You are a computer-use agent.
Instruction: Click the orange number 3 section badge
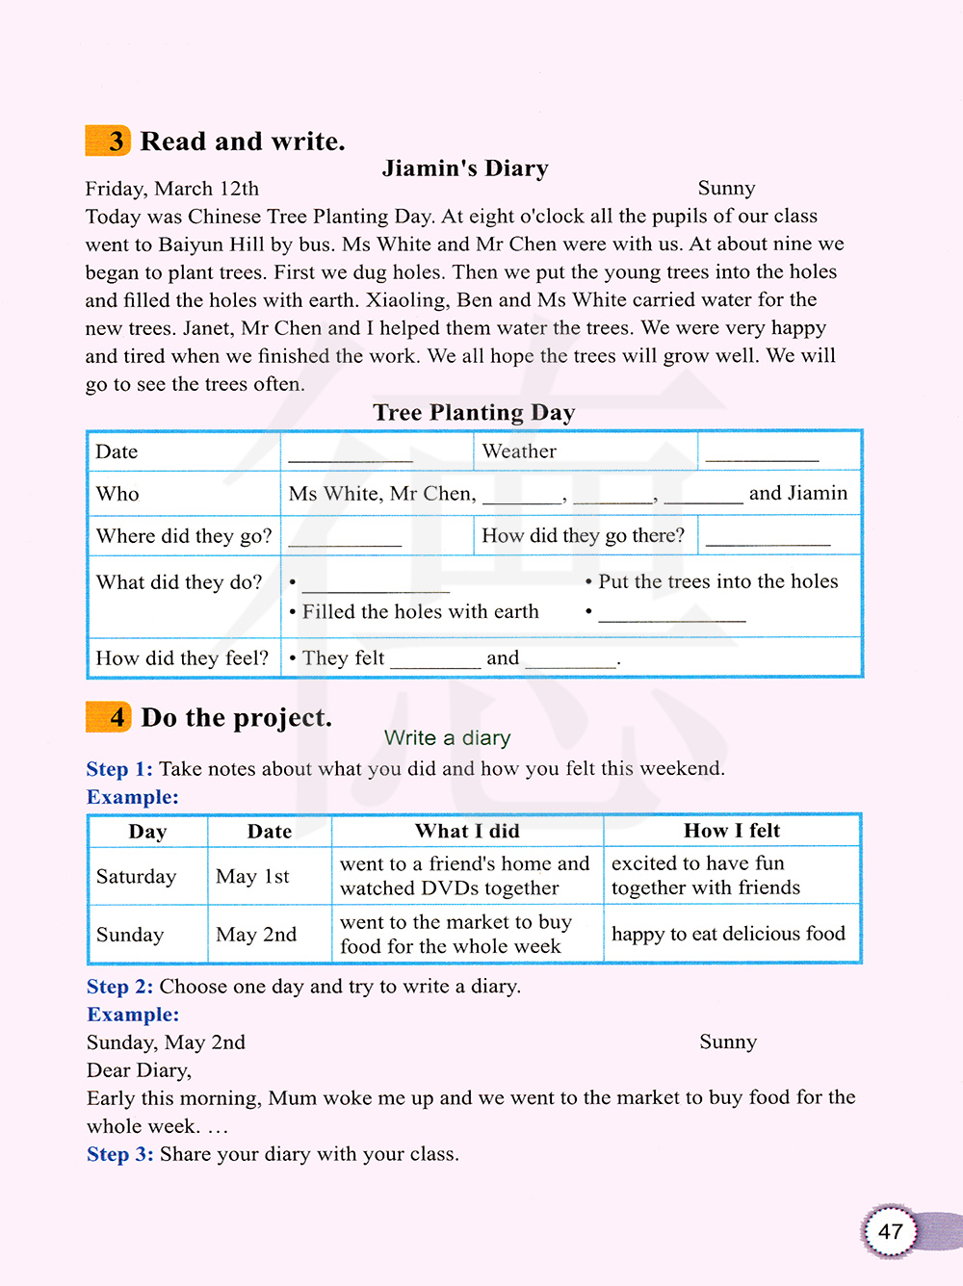tap(109, 141)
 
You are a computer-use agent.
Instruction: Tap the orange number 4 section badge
tap(109, 717)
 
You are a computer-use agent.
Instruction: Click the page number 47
tap(890, 1231)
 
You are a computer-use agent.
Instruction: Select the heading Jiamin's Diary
tap(465, 168)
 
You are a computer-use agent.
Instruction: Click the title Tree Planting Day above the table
tap(474, 413)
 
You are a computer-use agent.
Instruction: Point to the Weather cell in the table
tap(519, 451)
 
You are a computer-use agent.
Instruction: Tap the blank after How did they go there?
tap(768, 538)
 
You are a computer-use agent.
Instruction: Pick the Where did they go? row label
tap(184, 536)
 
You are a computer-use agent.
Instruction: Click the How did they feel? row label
tap(182, 658)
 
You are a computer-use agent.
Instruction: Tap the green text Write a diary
tap(447, 738)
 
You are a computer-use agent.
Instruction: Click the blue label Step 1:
tap(119, 769)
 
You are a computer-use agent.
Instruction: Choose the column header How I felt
tap(732, 831)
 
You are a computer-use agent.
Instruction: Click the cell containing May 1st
tap(252, 876)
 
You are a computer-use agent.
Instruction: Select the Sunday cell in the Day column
tap(130, 935)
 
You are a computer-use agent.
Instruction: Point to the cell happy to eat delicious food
tap(728, 934)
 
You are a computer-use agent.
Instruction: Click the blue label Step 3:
tap(119, 1154)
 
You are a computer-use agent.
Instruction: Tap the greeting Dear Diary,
tap(139, 1070)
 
